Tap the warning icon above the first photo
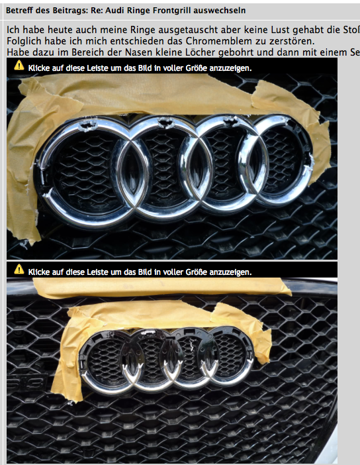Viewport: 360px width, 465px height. pos(19,66)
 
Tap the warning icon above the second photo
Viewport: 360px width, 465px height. pos(19,270)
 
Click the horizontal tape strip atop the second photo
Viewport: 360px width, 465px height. pos(159,287)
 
